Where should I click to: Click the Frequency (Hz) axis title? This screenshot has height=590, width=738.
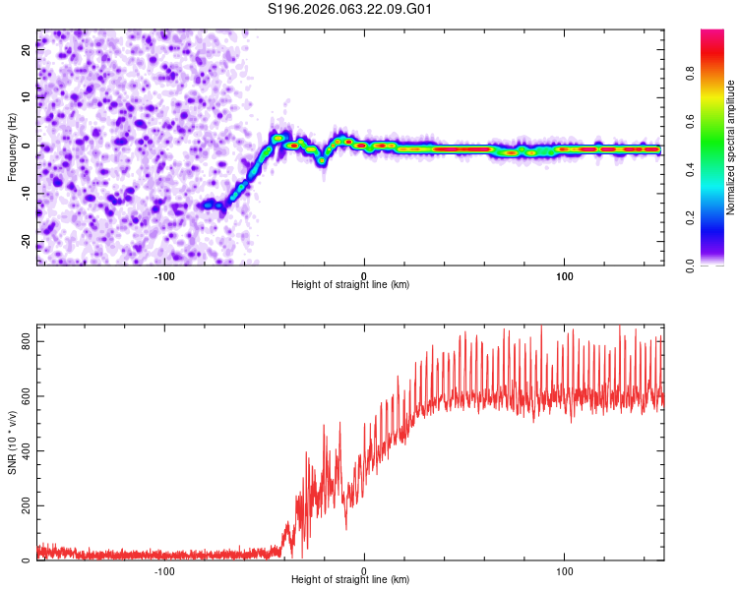(12, 147)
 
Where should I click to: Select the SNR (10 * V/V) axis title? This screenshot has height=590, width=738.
(12, 442)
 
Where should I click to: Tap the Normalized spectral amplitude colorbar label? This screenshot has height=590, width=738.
(731, 147)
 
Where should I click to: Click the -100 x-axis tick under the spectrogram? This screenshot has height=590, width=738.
(164, 274)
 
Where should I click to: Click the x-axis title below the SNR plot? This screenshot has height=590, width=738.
(350, 580)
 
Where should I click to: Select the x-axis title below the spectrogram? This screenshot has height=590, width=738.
(350, 285)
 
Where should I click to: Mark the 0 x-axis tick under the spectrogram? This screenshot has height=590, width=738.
(364, 274)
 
